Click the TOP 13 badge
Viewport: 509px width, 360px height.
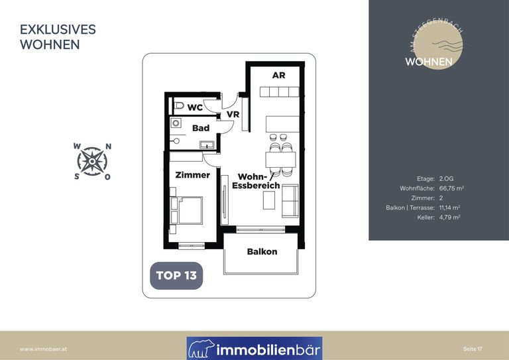click(x=176, y=276)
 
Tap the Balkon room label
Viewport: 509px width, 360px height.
click(x=262, y=251)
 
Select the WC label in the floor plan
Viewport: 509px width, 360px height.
click(x=195, y=107)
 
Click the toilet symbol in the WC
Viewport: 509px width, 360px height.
click(x=178, y=105)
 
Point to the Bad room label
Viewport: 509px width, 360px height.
click(x=201, y=128)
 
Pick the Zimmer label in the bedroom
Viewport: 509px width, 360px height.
click(x=192, y=175)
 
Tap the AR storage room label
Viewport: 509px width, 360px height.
click(x=278, y=76)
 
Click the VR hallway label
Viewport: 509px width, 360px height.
click(x=233, y=114)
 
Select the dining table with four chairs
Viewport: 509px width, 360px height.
click(x=280, y=159)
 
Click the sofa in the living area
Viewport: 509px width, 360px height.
click(x=290, y=201)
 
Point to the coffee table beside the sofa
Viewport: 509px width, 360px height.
click(x=269, y=200)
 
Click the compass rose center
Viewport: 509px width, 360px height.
click(x=92, y=161)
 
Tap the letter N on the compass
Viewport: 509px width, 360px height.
click(x=109, y=147)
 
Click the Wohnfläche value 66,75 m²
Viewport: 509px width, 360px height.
click(x=451, y=188)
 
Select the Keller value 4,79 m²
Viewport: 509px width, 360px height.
click(x=449, y=217)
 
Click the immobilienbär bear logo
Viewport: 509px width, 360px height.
click(x=201, y=349)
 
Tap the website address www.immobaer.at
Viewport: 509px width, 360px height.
click(x=43, y=349)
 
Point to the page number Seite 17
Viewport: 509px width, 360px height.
click(x=473, y=349)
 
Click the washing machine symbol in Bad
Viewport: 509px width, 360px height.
click(x=176, y=123)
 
